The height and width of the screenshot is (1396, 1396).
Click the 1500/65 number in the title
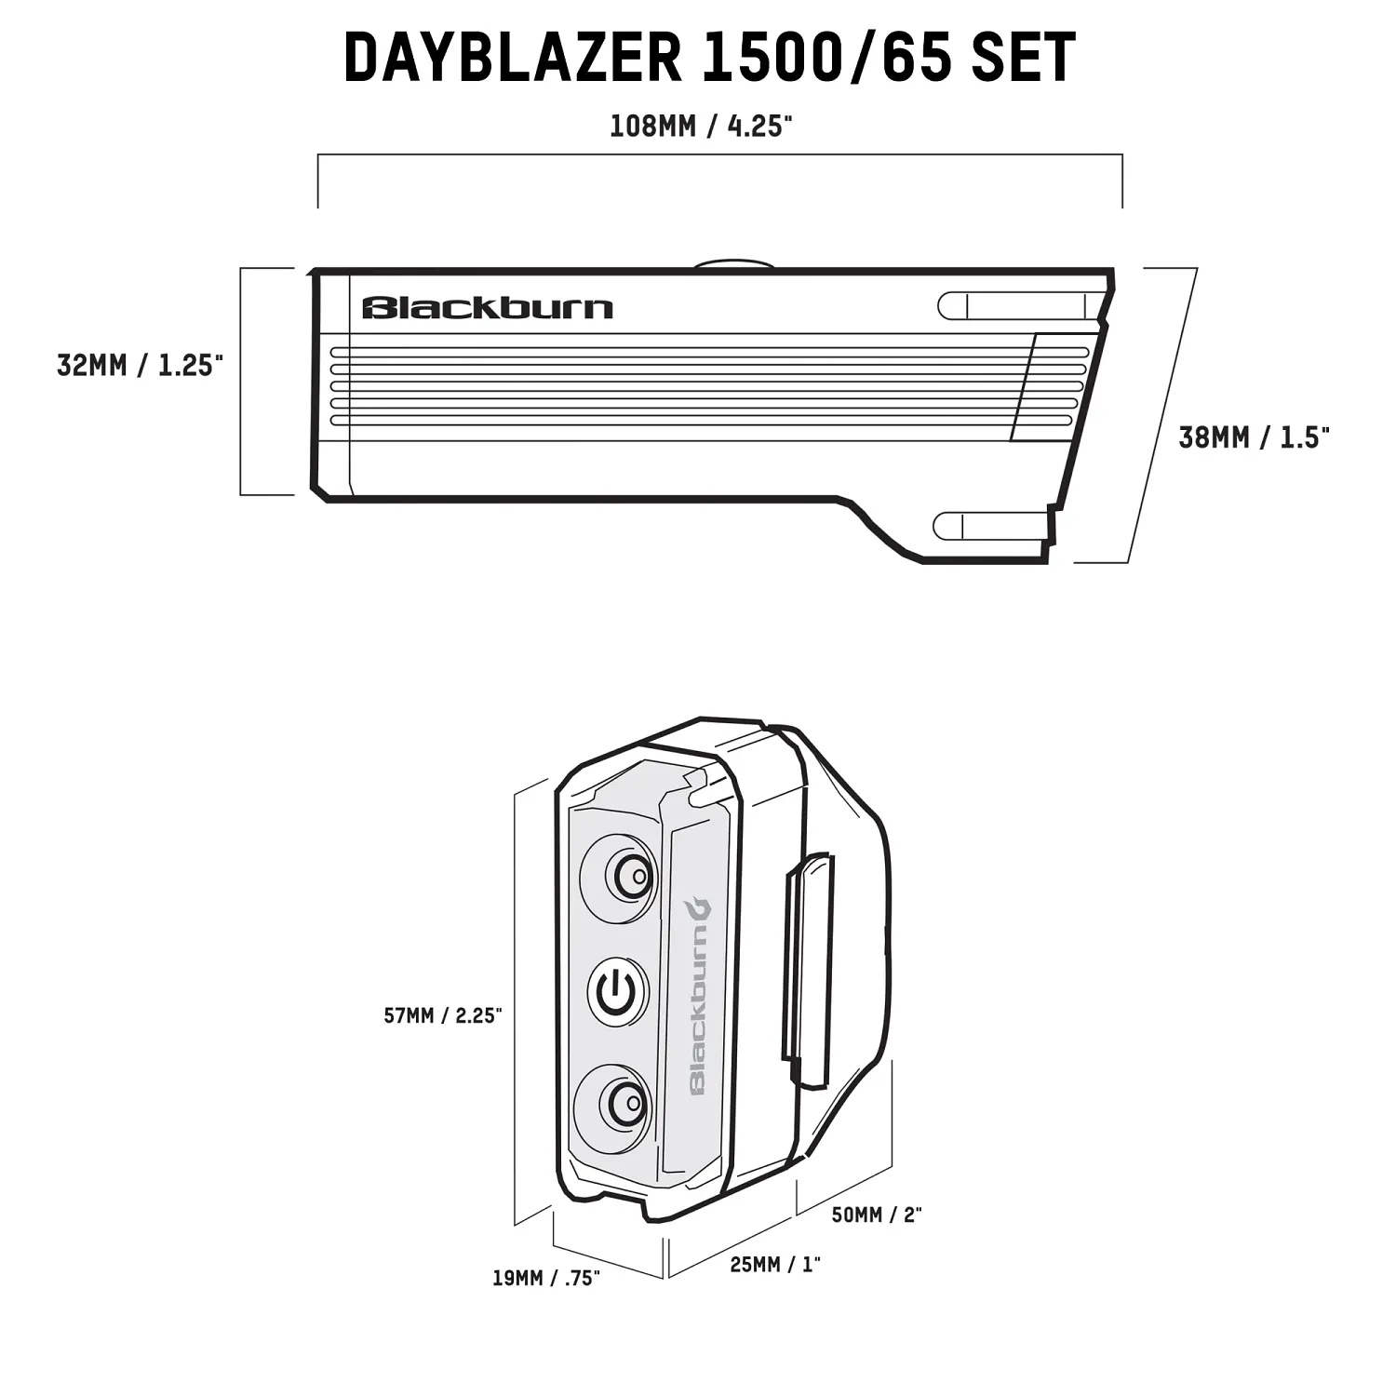(x=827, y=58)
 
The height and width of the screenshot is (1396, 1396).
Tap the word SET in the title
(x=1023, y=58)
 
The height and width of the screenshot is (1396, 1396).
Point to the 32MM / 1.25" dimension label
(x=141, y=366)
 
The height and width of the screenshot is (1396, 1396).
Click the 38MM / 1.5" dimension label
(x=1254, y=437)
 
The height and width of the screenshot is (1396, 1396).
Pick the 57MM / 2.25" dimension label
(x=443, y=1015)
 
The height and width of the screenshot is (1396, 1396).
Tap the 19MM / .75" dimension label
(x=546, y=1278)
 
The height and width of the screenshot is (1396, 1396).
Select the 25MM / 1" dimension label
(x=775, y=1265)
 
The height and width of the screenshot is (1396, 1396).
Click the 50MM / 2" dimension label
(x=876, y=1215)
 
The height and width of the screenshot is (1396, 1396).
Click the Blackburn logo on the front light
(x=488, y=308)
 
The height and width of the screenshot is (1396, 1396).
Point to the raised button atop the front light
(x=734, y=264)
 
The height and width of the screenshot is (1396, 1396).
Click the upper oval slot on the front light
(x=1019, y=306)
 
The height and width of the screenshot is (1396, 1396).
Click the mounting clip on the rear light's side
(x=807, y=968)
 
